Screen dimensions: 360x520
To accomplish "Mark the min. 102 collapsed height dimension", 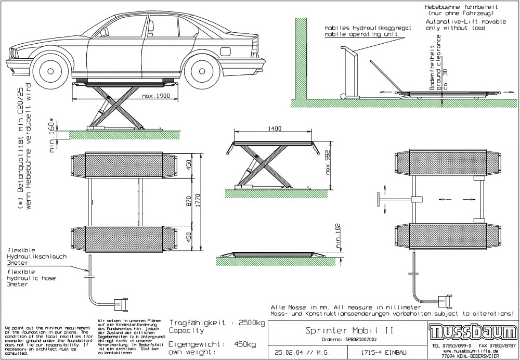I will (338, 237).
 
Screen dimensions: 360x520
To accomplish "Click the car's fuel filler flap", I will (226, 51).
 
